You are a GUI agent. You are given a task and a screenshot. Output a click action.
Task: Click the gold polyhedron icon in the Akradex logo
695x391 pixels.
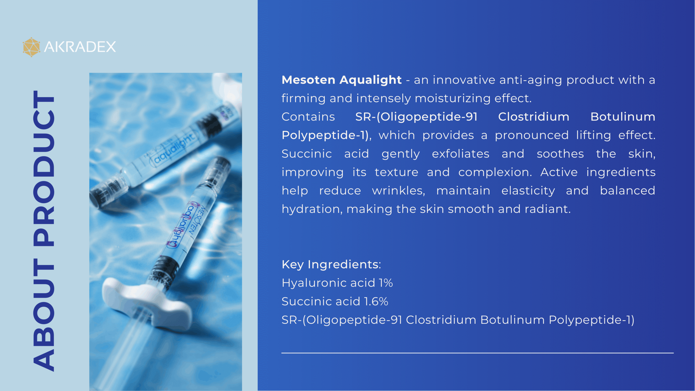(x=31, y=47)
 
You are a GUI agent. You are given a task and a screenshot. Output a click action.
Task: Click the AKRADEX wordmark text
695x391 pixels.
(x=80, y=47)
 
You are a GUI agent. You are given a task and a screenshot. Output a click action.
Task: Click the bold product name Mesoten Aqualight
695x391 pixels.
(x=342, y=80)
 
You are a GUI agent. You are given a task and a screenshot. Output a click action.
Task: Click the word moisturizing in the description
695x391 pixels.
(x=453, y=98)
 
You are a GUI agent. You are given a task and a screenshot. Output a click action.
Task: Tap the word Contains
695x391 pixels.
(x=308, y=117)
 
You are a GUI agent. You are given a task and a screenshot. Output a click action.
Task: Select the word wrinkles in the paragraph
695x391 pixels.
(x=399, y=191)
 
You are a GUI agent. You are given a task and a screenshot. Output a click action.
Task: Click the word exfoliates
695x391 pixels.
(x=461, y=154)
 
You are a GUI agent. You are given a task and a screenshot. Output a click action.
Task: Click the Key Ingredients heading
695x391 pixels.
(x=331, y=265)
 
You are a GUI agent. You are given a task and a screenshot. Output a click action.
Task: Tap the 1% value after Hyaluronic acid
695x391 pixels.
(x=386, y=283)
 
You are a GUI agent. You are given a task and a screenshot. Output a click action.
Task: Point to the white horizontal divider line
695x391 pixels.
(x=478, y=353)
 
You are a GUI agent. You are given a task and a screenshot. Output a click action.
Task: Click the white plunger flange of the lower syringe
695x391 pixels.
(x=147, y=301)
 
